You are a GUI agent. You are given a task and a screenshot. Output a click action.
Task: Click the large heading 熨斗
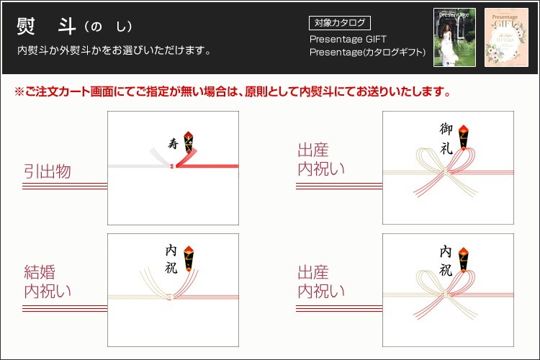[x=46, y=26]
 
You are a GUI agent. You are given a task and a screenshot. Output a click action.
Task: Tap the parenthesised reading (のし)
[x=108, y=27]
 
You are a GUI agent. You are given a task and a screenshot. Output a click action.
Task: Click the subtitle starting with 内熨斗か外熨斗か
[x=114, y=50]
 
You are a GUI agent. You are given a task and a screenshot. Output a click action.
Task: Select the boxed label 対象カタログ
[x=340, y=23]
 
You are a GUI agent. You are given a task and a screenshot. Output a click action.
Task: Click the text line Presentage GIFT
[x=348, y=39]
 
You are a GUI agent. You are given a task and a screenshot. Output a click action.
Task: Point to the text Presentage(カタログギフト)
[x=367, y=52]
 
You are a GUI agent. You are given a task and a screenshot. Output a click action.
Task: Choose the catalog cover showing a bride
[x=454, y=37]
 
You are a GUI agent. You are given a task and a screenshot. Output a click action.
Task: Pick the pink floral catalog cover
[x=506, y=37]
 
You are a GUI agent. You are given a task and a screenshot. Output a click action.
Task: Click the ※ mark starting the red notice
[x=19, y=92]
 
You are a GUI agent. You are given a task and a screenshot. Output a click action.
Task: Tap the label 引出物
[x=48, y=171]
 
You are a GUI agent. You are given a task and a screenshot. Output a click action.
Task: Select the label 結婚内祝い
[x=48, y=282]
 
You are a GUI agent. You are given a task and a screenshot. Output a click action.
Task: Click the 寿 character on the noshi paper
[x=174, y=143]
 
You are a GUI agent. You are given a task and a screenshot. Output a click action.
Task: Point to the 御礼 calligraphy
[x=446, y=138]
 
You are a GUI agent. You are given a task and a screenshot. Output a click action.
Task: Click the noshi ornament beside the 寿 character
[x=188, y=143]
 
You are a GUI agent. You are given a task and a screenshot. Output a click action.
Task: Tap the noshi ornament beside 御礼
[x=463, y=137]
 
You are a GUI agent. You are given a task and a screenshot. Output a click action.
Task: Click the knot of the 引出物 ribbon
[x=174, y=166]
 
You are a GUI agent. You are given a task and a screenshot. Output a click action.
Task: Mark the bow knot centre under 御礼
[x=446, y=171]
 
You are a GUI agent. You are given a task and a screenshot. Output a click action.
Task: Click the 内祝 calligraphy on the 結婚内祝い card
[x=171, y=259]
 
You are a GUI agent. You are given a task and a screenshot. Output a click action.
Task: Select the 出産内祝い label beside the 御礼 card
[x=321, y=159]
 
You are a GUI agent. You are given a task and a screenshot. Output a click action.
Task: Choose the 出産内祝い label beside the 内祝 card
[x=321, y=282]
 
